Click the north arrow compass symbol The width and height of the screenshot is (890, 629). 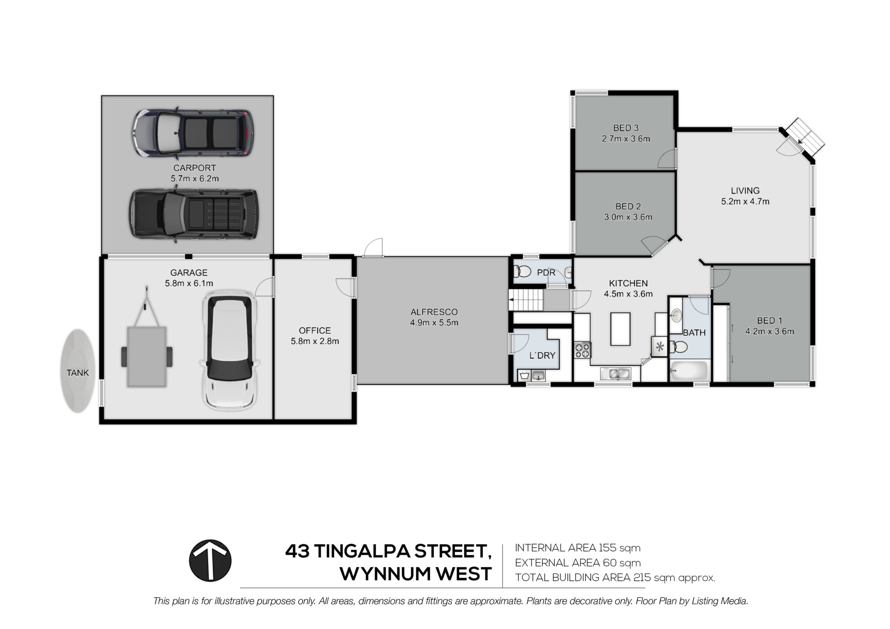click(x=210, y=560)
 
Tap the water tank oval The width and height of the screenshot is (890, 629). click(x=78, y=371)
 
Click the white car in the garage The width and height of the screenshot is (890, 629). click(x=229, y=352)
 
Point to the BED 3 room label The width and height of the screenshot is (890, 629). click(x=626, y=128)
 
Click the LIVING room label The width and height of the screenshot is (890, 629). click(x=745, y=190)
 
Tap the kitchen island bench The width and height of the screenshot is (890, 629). click(x=621, y=329)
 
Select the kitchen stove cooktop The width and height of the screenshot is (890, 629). click(x=583, y=350)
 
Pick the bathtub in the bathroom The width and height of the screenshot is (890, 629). click(x=689, y=371)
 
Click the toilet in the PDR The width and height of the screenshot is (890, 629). click(x=522, y=272)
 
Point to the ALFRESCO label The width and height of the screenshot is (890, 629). click(x=434, y=312)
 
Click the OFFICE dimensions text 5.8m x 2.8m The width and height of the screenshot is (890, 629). click(x=315, y=341)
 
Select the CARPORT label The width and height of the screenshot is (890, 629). click(x=195, y=168)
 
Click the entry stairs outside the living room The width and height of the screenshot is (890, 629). click(x=805, y=137)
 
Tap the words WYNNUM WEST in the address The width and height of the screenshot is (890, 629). click(x=415, y=574)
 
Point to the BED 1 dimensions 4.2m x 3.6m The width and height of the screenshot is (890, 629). click(x=770, y=331)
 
